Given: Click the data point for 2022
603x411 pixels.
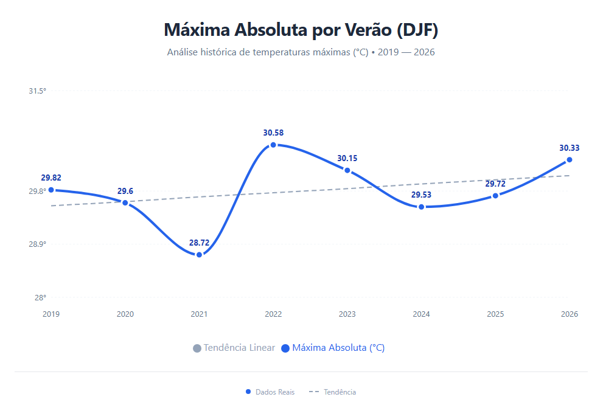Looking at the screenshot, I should coord(273,145).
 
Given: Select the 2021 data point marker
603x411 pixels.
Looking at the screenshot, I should coord(199,255).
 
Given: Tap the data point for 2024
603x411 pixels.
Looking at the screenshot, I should coord(421,207).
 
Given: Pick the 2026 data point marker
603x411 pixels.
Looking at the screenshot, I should coord(570,160).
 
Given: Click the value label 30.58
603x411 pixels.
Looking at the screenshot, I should coord(273,133).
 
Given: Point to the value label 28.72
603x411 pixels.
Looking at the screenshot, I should coord(199,243).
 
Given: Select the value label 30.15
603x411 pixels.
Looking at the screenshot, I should coord(347,158).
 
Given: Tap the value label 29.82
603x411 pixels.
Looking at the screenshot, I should coord(51,178).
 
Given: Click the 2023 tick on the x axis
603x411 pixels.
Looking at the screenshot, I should coord(347,314).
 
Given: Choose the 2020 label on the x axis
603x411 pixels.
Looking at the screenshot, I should coord(125,314).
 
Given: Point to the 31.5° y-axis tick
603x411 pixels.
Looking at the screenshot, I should coord(37,91).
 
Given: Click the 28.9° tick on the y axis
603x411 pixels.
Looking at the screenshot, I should coord(37,244).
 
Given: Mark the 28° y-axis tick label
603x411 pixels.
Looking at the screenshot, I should coord(40,298).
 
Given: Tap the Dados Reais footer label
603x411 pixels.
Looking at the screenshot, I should coord(275,392).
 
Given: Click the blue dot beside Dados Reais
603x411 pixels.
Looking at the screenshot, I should coord(248,392).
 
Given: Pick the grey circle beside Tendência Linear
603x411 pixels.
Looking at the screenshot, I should coord(197,348).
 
